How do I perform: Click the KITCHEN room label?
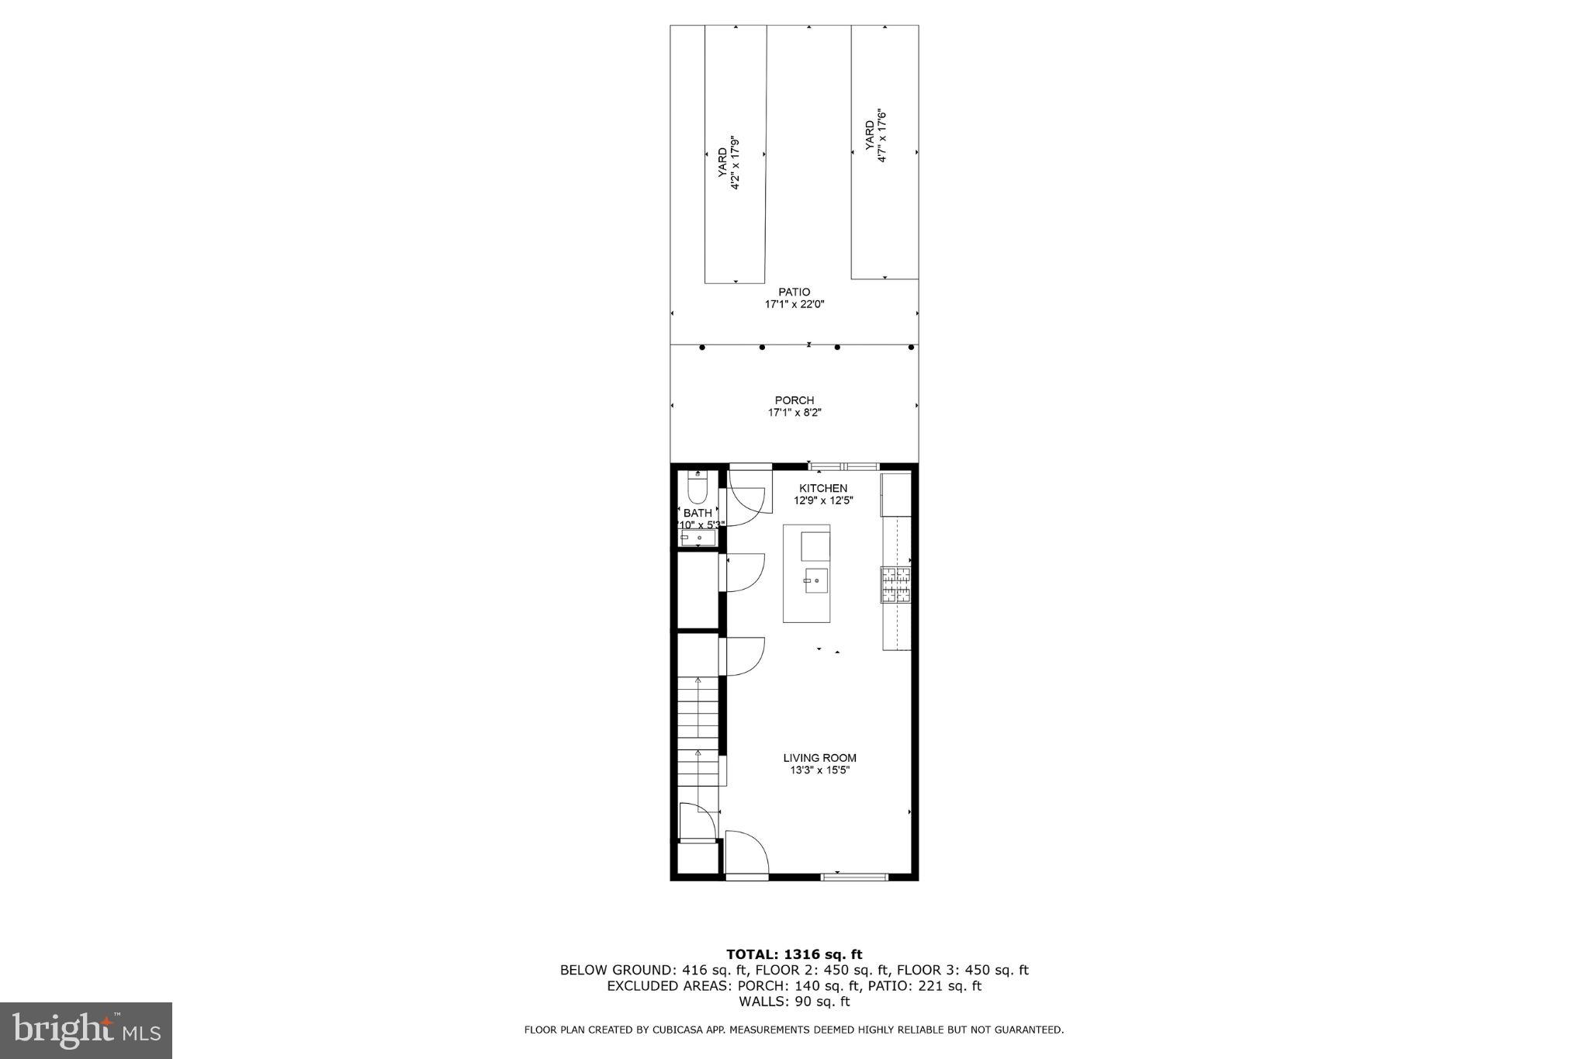click(823, 488)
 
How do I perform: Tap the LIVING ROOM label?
click(819, 758)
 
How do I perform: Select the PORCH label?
click(794, 400)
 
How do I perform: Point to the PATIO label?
click(794, 292)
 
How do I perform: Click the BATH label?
click(698, 513)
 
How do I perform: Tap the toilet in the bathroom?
click(697, 489)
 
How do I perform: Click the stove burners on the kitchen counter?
click(895, 585)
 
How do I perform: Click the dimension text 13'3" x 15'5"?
click(819, 770)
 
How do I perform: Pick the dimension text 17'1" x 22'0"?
click(794, 305)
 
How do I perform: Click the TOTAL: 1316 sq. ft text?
click(794, 954)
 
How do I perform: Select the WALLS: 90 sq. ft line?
click(794, 1002)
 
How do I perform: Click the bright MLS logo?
click(86, 1030)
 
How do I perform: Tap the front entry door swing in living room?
click(745, 853)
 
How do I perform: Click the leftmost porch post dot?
click(702, 348)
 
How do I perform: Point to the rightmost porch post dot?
click(912, 348)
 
